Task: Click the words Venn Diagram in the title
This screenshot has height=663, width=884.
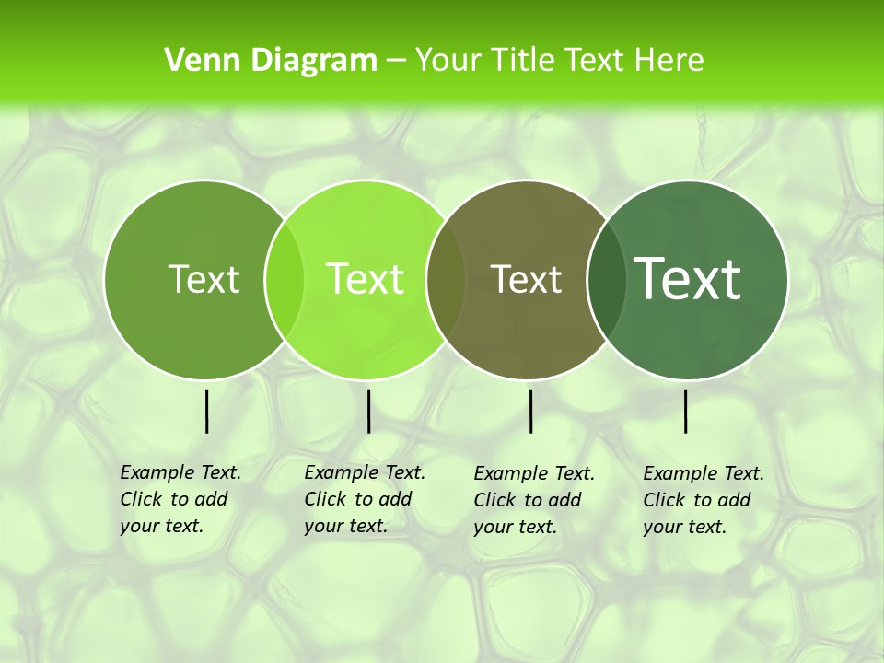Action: click(271, 61)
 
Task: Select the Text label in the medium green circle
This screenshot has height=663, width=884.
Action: click(204, 279)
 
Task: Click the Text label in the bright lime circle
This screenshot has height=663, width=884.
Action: click(365, 279)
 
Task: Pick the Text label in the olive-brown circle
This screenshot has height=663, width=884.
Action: click(527, 279)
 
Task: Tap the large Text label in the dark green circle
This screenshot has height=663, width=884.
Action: click(688, 278)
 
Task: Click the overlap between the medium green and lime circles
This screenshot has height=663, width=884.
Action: click(285, 279)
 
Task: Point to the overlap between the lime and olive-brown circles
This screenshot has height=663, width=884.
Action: click(446, 279)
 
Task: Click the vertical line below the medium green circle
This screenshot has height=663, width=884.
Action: click(206, 411)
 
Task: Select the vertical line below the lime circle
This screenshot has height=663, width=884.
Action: click(368, 411)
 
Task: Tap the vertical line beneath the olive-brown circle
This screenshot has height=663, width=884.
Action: click(530, 411)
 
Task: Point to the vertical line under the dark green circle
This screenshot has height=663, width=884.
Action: click(685, 411)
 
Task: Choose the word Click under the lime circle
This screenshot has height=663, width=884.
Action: click(324, 499)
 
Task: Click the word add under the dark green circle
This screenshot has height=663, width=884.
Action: click(734, 500)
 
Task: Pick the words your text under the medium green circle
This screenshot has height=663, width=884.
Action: click(161, 526)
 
